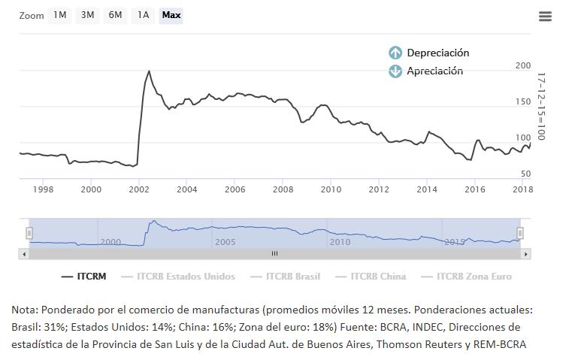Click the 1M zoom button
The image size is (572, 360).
[59, 15]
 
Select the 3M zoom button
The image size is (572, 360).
[87, 15]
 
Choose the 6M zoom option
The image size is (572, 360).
[115, 15]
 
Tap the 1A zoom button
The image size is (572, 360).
[143, 15]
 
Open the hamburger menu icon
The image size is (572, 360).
[545, 17]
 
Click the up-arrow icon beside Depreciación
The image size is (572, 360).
[395, 53]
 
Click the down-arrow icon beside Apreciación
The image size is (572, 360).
[395, 71]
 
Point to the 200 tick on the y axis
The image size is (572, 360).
[522, 66]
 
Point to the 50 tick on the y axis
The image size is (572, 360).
[525, 174]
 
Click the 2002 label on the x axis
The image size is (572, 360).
[139, 189]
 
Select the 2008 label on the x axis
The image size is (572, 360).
[283, 189]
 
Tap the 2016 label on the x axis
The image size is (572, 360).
[474, 189]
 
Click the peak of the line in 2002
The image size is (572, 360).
[149, 71]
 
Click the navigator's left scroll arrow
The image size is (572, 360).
[24, 254]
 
